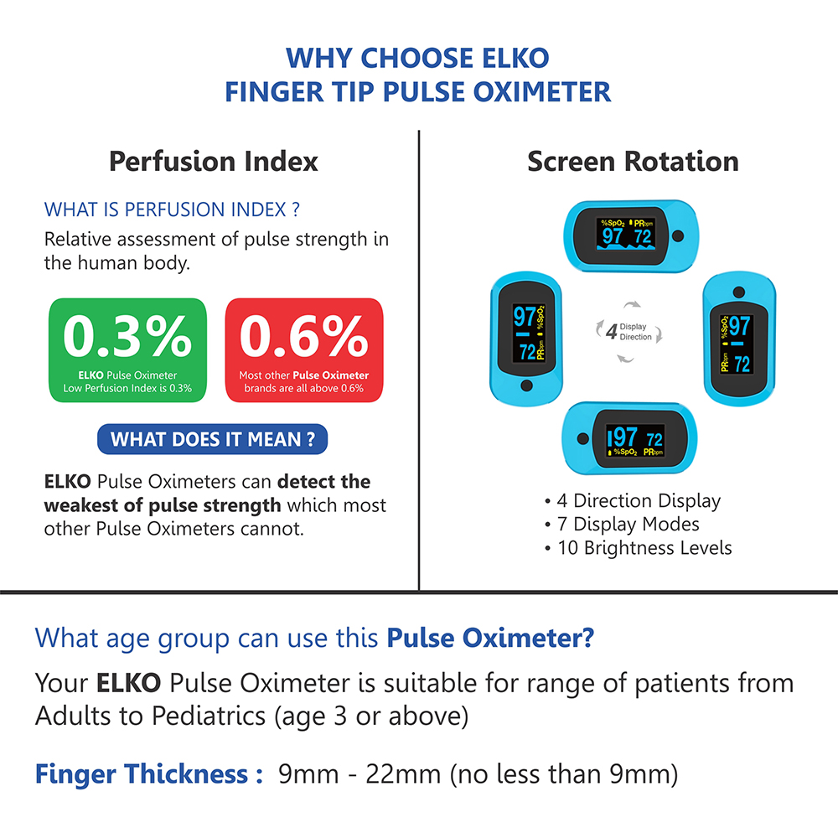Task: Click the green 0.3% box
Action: (x=127, y=350)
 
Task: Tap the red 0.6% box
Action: (x=304, y=350)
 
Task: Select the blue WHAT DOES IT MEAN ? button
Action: (x=212, y=439)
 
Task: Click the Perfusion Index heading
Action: (x=213, y=162)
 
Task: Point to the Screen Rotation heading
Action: (x=633, y=162)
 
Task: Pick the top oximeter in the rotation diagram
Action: (x=631, y=236)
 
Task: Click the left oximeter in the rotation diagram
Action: (x=526, y=339)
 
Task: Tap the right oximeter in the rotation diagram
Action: (x=739, y=339)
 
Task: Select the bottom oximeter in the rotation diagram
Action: (x=629, y=438)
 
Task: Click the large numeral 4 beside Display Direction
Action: (x=612, y=331)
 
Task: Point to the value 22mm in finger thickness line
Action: (x=404, y=773)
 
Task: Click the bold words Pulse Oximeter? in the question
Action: (x=490, y=638)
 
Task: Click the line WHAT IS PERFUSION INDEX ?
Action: (x=172, y=209)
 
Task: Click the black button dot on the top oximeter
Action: (x=678, y=236)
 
